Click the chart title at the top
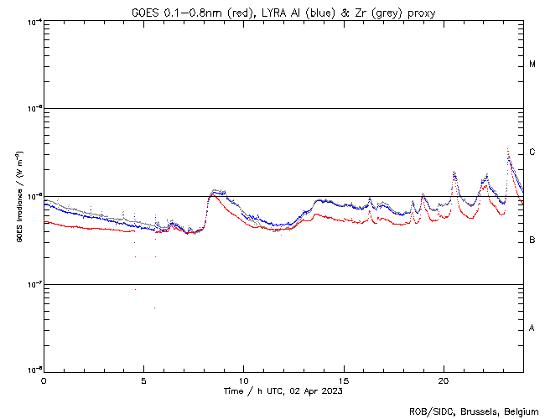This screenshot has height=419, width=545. tap(283, 12)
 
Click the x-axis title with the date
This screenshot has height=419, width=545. tap(283, 391)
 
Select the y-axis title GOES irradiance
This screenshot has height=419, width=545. tap(18, 196)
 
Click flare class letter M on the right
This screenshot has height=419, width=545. tap(532, 65)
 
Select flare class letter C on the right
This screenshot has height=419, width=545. tap(532, 153)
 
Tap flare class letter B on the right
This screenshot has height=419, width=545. tap(532, 241)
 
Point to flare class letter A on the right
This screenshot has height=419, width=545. tap(532, 328)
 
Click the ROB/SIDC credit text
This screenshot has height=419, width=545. tap(474, 411)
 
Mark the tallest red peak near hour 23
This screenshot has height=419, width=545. tap(508, 150)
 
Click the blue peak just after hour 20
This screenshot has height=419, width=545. tap(454, 172)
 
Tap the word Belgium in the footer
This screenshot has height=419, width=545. tap(521, 411)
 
